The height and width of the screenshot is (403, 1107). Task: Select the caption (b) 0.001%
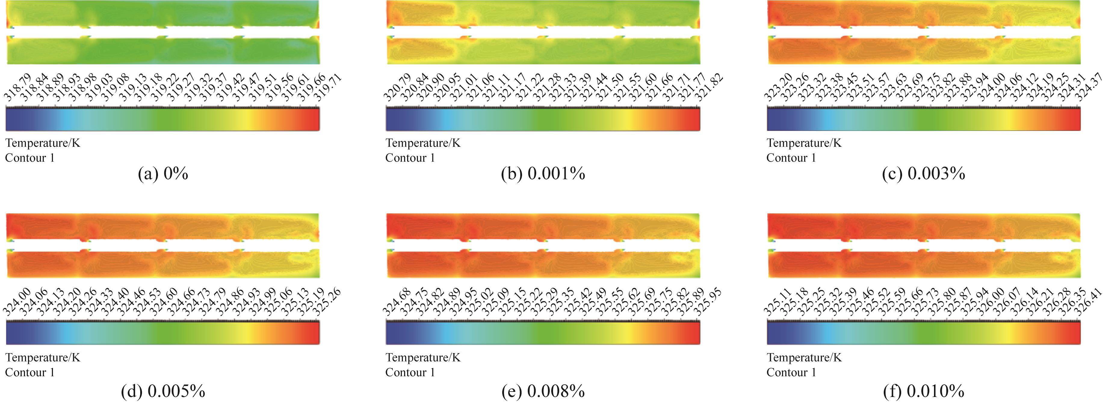(543, 174)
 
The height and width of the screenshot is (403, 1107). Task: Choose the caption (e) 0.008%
(543, 391)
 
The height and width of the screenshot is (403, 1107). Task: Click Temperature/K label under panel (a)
(42, 143)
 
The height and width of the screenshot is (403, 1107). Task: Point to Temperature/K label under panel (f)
(804, 358)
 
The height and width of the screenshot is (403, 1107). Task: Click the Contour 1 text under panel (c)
(791, 158)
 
